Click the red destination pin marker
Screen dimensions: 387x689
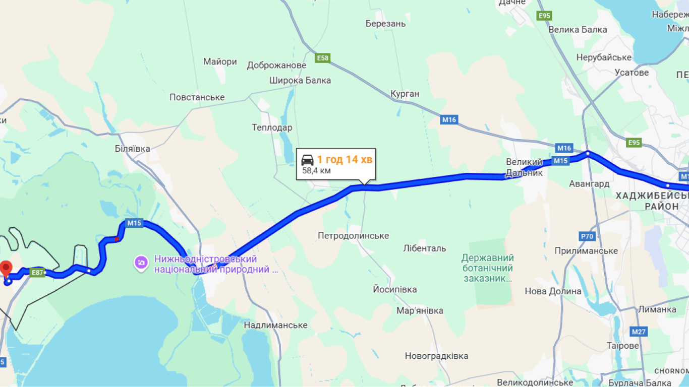pyautogui.click(x=6, y=268)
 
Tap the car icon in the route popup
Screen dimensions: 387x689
pyautogui.click(x=307, y=160)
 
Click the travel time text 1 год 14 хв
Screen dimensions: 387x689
pyautogui.click(x=344, y=160)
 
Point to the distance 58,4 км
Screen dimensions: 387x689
pyautogui.click(x=316, y=171)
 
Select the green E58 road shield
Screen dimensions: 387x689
pyautogui.click(x=322, y=58)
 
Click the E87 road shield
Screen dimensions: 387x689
pyautogui.click(x=37, y=273)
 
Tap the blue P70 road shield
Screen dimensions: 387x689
pyautogui.click(x=587, y=236)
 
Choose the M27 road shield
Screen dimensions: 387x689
pyautogui.click(x=639, y=332)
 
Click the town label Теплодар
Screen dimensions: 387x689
pyautogui.click(x=272, y=127)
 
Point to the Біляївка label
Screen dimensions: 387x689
pyautogui.click(x=133, y=149)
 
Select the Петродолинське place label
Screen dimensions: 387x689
pyautogui.click(x=353, y=236)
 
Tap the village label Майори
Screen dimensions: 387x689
pyautogui.click(x=220, y=62)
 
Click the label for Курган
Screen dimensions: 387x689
pyautogui.click(x=405, y=94)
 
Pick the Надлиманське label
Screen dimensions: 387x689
pyautogui.click(x=275, y=325)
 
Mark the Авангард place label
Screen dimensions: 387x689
pyautogui.click(x=589, y=183)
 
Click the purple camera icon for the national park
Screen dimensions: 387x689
pyautogui.click(x=141, y=263)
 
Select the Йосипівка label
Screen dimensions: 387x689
pyautogui.click(x=394, y=289)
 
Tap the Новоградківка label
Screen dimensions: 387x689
pyautogui.click(x=436, y=356)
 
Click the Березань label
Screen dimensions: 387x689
pyautogui.click(x=385, y=24)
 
